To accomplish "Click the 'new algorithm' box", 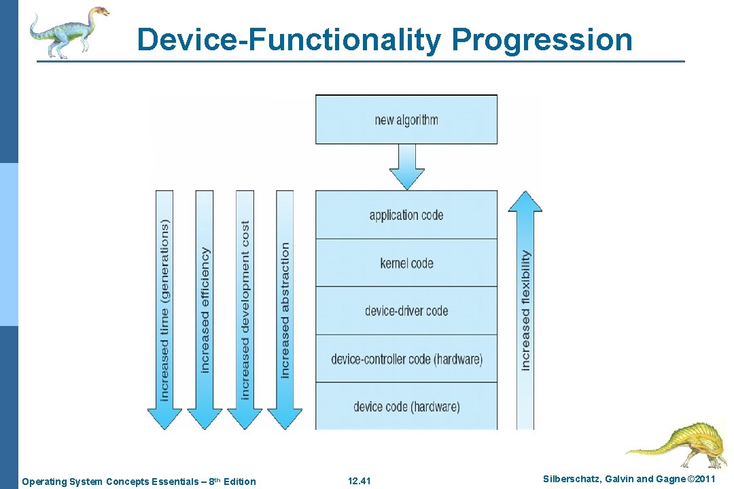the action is (x=406, y=120).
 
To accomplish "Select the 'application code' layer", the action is (x=406, y=215).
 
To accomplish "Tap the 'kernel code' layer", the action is (x=406, y=263).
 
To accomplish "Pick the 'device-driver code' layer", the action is (x=406, y=311).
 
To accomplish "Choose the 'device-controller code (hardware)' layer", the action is (x=406, y=359).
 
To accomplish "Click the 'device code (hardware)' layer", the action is (x=406, y=407).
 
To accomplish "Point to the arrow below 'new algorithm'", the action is (x=406, y=167).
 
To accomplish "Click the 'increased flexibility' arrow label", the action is (x=525, y=310).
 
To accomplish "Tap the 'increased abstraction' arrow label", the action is (x=285, y=310).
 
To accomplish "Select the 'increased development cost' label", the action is (x=245, y=310).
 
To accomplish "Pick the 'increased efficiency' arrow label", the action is (x=205, y=310).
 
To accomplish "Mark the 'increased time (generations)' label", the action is (x=164, y=310).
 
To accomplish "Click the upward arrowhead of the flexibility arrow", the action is (x=525, y=202).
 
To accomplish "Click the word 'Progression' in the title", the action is (x=542, y=39).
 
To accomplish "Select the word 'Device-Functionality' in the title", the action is (x=289, y=39).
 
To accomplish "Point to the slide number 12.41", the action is (x=359, y=482).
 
